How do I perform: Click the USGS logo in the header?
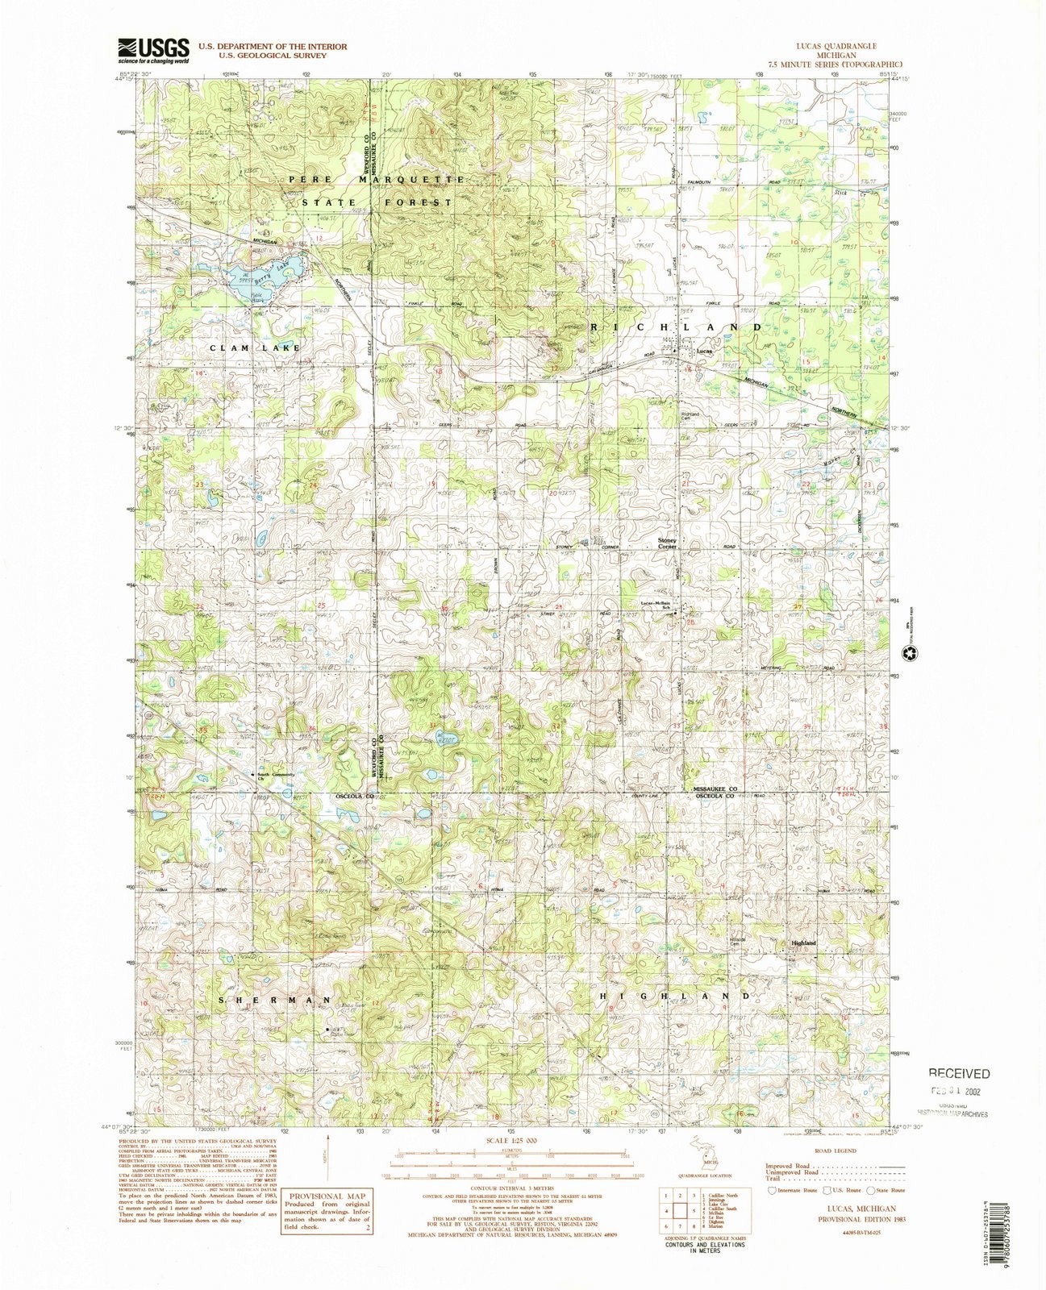(154, 50)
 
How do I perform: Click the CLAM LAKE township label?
(255, 347)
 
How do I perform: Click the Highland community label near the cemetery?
(803, 943)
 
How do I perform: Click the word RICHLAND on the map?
(677, 327)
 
